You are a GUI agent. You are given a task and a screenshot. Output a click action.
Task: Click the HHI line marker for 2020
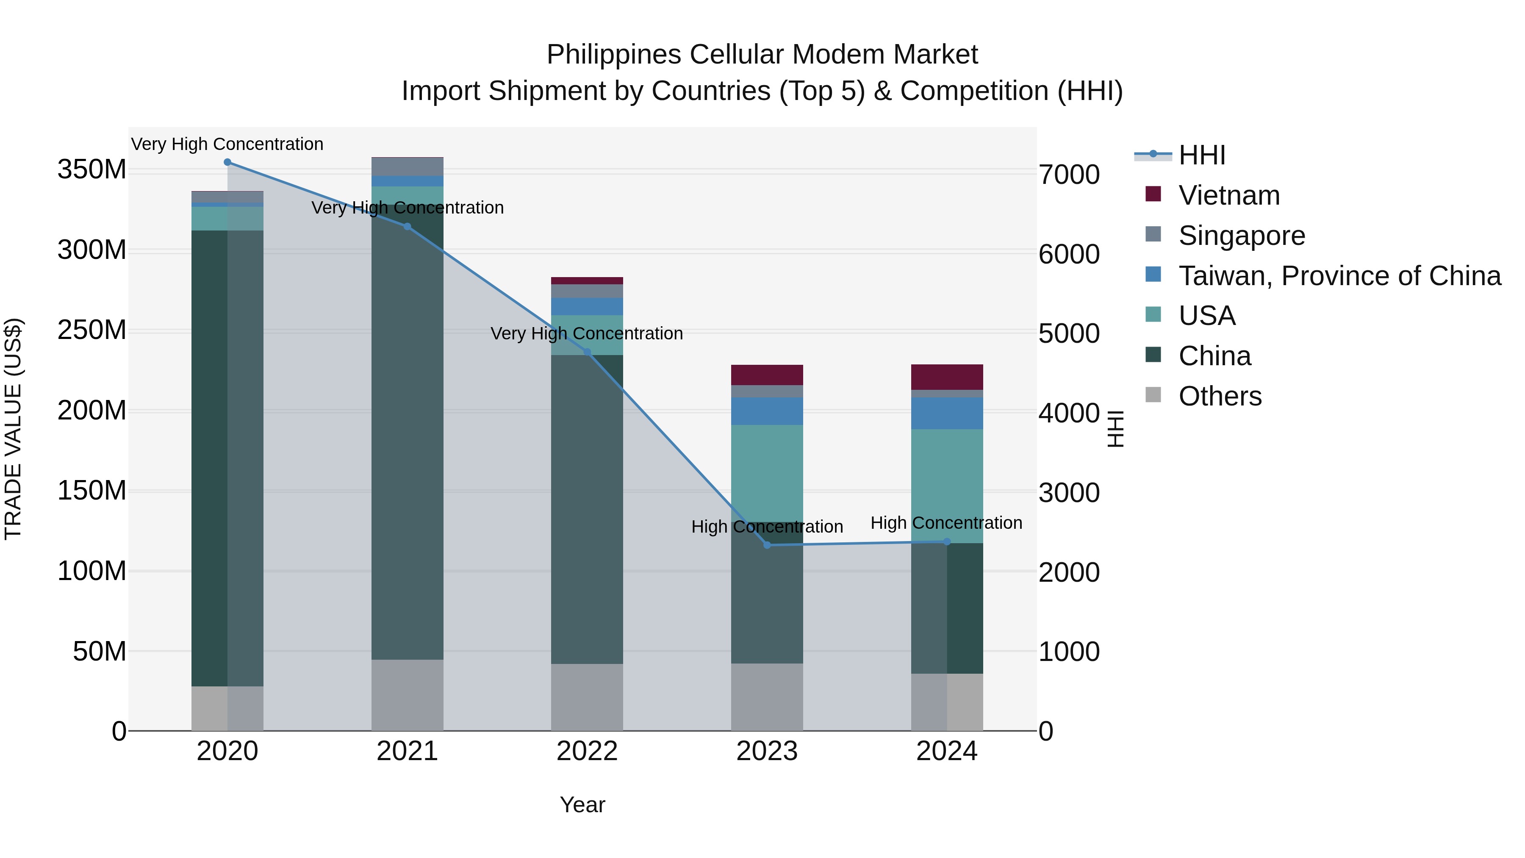(227, 162)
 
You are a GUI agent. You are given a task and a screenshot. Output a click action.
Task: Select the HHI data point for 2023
(767, 545)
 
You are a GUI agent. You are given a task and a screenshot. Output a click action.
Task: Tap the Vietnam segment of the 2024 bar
(947, 377)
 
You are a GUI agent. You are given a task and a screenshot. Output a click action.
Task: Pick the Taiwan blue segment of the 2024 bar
(947, 413)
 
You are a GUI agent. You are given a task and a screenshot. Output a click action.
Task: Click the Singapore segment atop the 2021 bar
(407, 167)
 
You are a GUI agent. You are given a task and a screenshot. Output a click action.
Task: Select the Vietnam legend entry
(1228, 195)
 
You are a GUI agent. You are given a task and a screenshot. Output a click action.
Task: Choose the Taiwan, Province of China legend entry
(1339, 276)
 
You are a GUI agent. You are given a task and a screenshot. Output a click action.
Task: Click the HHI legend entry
(1201, 155)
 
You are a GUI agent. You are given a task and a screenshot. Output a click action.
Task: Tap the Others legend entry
(1220, 396)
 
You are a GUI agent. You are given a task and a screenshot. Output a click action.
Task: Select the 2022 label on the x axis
(587, 751)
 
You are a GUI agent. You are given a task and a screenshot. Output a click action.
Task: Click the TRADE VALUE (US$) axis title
(13, 429)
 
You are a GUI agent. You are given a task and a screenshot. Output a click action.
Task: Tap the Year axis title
(582, 805)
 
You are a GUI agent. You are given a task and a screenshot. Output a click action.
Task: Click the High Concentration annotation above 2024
(946, 523)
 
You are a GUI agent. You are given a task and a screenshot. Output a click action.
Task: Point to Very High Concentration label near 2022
(587, 333)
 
